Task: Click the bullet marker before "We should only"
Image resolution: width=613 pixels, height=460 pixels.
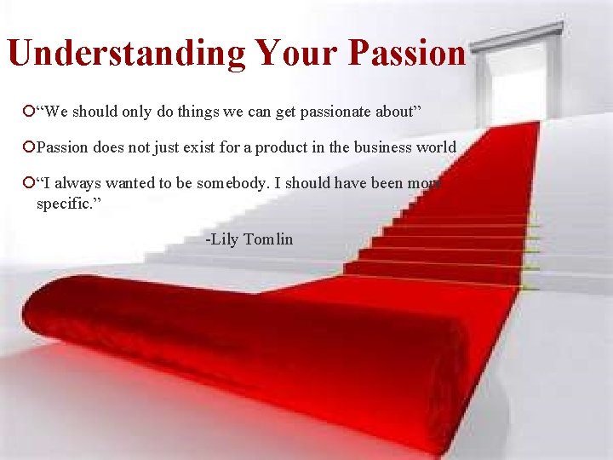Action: click(30, 111)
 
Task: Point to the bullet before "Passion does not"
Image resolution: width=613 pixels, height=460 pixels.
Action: click(30, 147)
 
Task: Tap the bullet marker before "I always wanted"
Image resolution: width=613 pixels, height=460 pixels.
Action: click(30, 182)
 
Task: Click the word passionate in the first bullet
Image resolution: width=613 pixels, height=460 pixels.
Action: click(326, 112)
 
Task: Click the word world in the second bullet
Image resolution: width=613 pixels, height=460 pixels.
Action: click(437, 147)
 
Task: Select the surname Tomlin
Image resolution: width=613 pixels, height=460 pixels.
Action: click(268, 239)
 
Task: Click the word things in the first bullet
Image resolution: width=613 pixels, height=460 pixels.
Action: click(196, 112)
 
